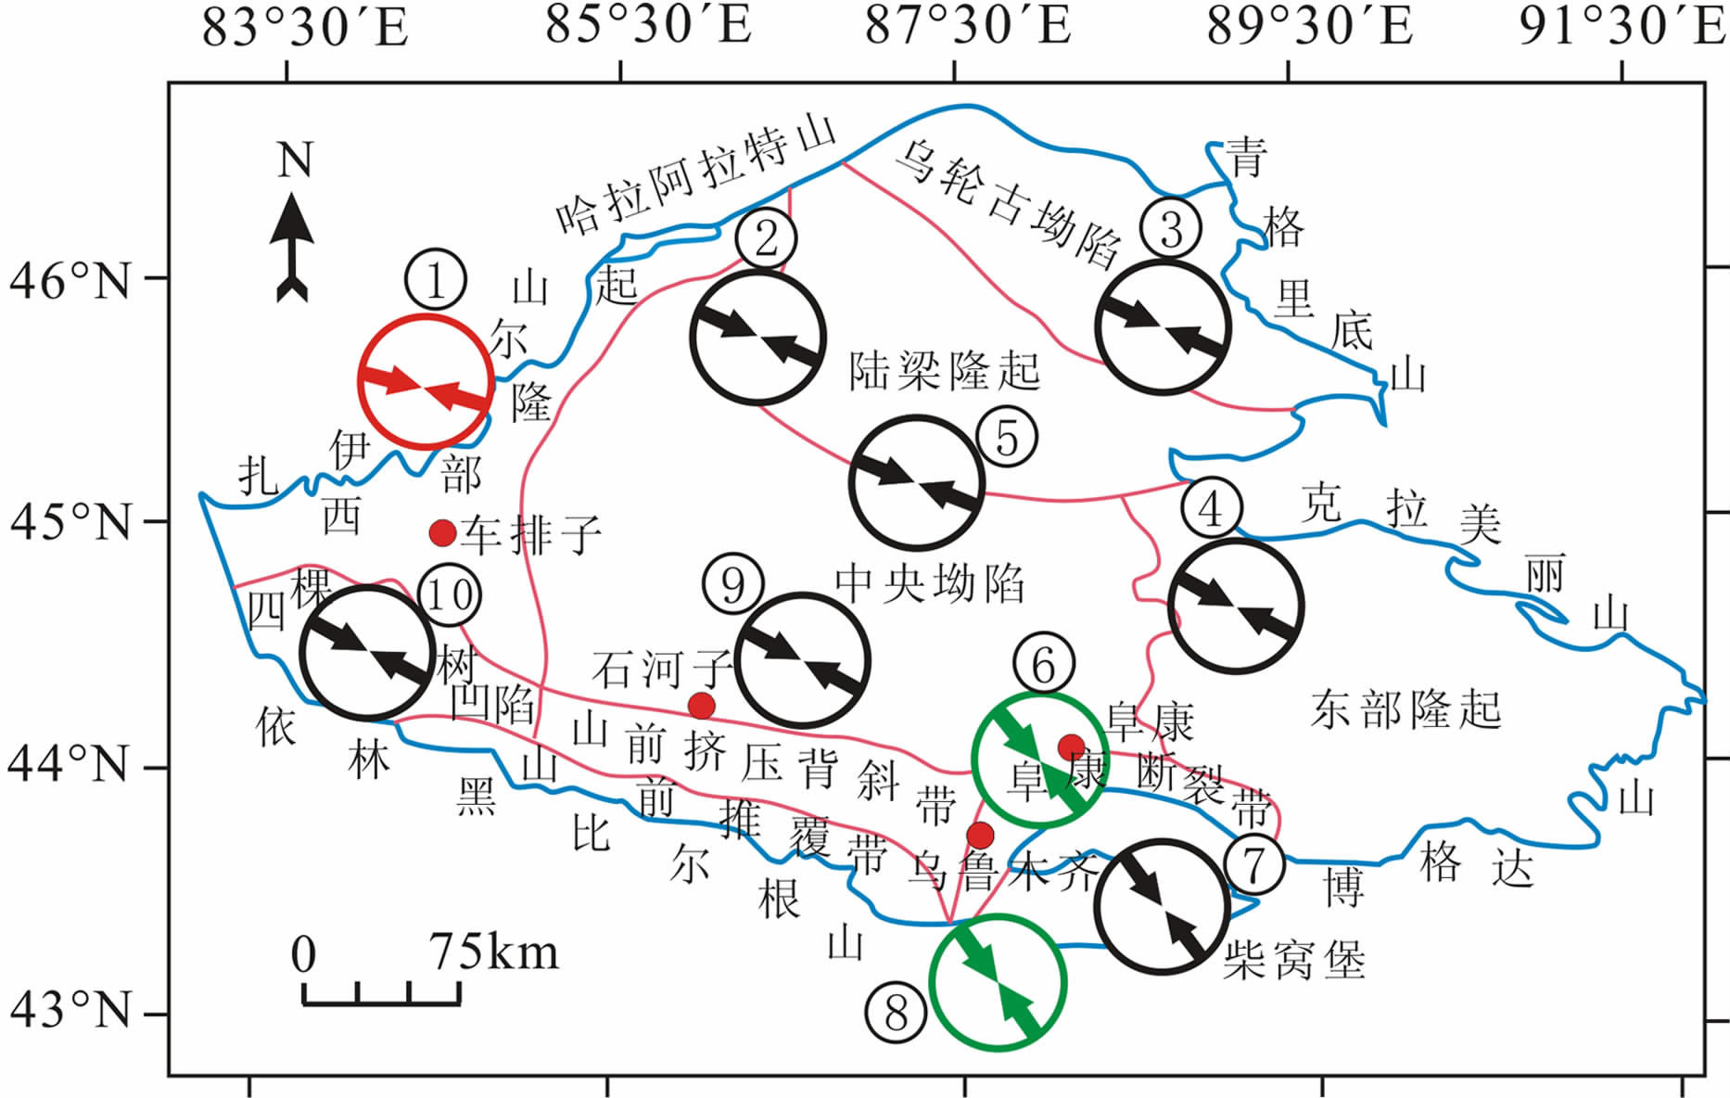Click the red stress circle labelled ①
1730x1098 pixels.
[425, 382]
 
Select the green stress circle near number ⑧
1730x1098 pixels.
[998, 983]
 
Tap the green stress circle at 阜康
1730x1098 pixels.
[1040, 760]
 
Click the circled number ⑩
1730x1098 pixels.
[450, 594]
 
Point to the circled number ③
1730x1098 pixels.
[1171, 228]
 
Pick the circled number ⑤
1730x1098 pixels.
[1007, 437]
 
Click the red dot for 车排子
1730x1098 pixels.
[443, 532]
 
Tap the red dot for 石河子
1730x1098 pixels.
[702, 706]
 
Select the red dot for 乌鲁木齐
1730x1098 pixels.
[980, 835]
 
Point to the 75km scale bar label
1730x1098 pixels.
[493, 953]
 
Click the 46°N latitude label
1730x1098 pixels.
[70, 280]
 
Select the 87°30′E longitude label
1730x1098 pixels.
[968, 25]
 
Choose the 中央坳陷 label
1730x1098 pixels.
[930, 584]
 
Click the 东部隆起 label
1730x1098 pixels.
[1406, 710]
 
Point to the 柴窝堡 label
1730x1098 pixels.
[1294, 961]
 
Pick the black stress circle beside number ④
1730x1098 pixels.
[1237, 606]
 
